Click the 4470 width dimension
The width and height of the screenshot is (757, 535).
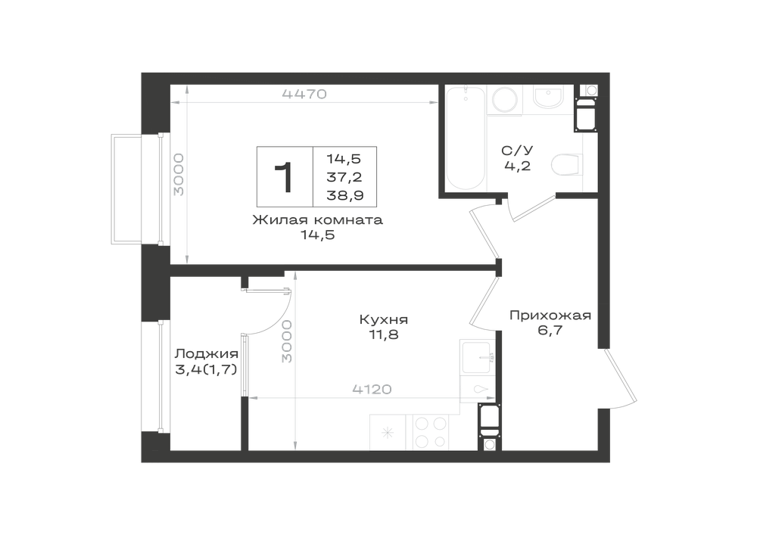click(x=304, y=94)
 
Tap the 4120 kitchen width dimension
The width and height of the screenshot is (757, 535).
click(x=372, y=389)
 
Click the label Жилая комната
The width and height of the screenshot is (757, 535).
click(x=318, y=220)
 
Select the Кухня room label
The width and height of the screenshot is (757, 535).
click(x=384, y=319)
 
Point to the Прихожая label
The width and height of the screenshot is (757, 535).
click(x=550, y=316)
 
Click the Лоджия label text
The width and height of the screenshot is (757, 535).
click(x=206, y=353)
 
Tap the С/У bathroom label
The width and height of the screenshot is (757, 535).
click(x=518, y=151)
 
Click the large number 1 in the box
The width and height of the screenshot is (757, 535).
click(x=285, y=177)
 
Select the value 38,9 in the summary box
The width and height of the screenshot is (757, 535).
click(x=345, y=195)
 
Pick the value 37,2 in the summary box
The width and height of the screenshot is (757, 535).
click(x=344, y=177)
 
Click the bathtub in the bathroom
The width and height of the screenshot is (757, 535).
click(x=466, y=138)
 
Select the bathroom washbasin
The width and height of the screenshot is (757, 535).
click(x=548, y=98)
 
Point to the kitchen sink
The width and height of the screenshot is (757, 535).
click(x=478, y=356)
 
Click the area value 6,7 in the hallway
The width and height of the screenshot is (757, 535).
click(x=550, y=331)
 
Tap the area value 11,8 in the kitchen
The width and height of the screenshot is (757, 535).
click(x=384, y=334)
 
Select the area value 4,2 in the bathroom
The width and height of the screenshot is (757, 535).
click(x=518, y=166)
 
